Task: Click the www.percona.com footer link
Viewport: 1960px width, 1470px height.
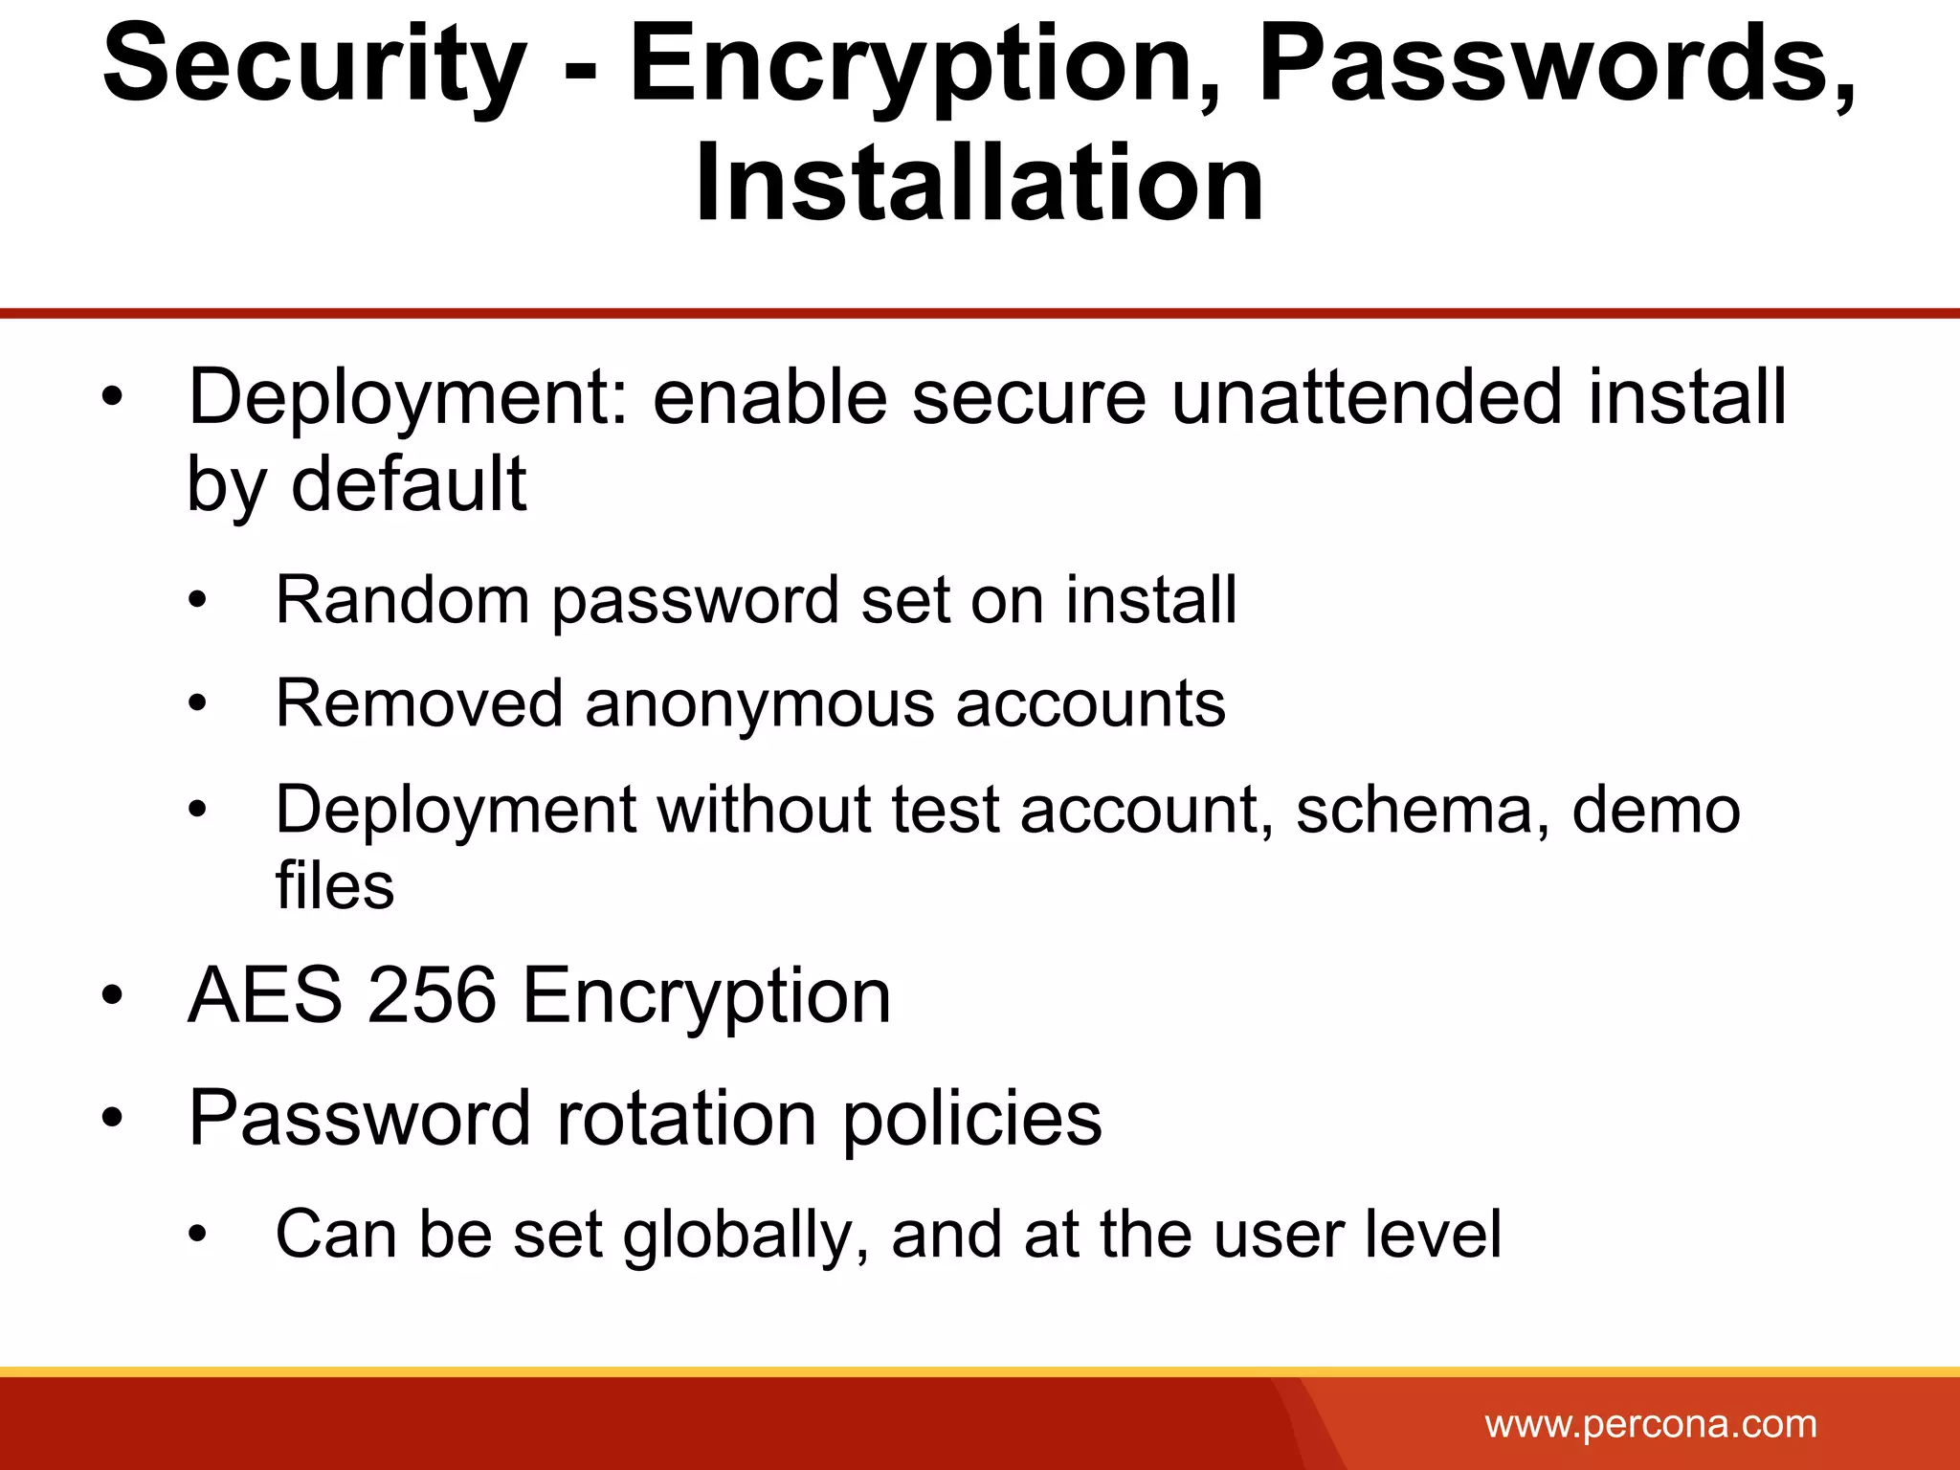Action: [x=1650, y=1424]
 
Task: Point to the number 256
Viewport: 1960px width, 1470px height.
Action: [x=432, y=995]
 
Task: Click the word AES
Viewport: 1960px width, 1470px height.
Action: [x=265, y=995]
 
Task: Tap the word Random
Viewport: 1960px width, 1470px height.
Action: [x=402, y=600]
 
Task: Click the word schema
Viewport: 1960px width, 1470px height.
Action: [x=1422, y=810]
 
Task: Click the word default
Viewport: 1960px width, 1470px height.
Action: [x=409, y=484]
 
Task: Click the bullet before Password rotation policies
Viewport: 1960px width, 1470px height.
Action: [x=113, y=1118]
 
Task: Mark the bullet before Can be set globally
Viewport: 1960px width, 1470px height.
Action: [x=197, y=1236]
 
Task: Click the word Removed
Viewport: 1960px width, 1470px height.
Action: [x=419, y=704]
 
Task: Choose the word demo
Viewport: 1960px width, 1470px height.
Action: [x=1656, y=810]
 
